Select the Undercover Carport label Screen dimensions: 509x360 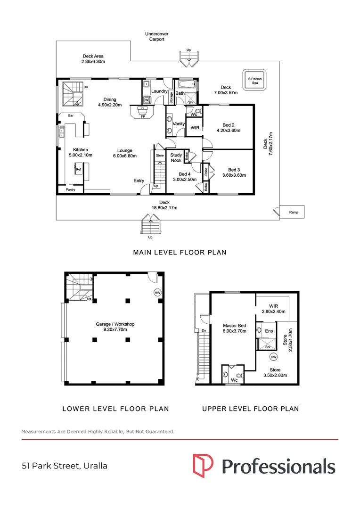pos(156,37)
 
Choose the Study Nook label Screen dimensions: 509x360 pos(176,157)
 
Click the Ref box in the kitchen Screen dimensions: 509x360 pos(79,168)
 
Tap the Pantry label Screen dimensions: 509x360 pos(70,189)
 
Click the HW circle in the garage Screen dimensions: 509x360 pos(157,292)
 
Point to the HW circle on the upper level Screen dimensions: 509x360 pos(274,357)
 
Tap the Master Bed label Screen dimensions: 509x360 pos(234,326)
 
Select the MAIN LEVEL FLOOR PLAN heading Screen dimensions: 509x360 pos(180,253)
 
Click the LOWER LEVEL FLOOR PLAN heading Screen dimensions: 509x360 pos(115,409)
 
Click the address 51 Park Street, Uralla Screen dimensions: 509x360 pos(65,466)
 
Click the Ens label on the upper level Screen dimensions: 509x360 pos(269,331)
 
